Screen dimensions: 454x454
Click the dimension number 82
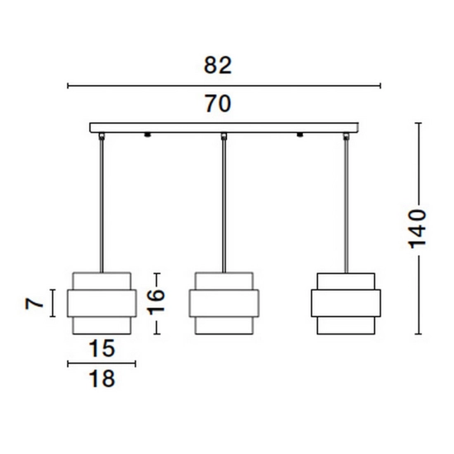pos(218,65)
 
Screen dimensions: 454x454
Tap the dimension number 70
pos(218,104)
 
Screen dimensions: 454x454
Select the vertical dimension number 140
pos(417,228)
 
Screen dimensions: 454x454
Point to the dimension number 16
pos(156,301)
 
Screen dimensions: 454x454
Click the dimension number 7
pos(34,304)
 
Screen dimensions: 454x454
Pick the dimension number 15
pos(102,348)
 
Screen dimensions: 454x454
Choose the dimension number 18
pos(102,379)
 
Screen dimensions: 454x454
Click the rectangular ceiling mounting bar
pos(224,128)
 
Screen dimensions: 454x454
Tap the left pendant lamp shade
pos(102,303)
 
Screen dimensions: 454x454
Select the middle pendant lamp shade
pos(224,303)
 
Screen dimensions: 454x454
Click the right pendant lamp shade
pos(346,304)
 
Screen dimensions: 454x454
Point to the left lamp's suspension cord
pos(102,206)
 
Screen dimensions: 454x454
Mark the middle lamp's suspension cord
pos(224,206)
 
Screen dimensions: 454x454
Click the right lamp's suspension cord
pos(346,206)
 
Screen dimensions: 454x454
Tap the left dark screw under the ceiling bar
pos(148,135)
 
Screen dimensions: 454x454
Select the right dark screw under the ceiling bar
pos(300,135)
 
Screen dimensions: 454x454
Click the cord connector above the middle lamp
pos(224,136)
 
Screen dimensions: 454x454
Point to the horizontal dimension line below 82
pos(224,86)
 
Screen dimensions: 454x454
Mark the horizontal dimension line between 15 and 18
pos(102,364)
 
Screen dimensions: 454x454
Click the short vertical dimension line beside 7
pos(52,303)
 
